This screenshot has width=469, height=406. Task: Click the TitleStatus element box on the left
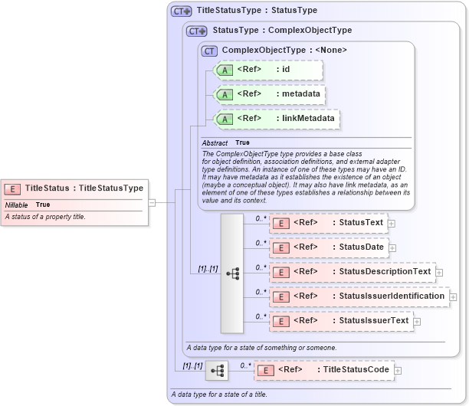tap(74, 188)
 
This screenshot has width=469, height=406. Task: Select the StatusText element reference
tap(328, 223)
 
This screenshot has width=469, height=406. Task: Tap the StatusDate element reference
tap(328, 247)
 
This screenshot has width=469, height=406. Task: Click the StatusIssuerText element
tap(340, 320)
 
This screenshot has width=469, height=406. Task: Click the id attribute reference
tap(268, 70)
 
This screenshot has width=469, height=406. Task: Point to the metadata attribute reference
tap(268, 94)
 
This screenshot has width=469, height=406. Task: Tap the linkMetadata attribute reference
tap(276, 119)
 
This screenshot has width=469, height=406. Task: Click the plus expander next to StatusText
tap(392, 223)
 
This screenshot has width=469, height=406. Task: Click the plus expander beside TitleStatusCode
tap(398, 370)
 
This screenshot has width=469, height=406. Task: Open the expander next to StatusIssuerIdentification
tap(453, 296)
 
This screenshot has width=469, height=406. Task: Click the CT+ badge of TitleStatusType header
tap(182, 11)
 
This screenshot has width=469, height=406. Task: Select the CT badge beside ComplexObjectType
tap(209, 51)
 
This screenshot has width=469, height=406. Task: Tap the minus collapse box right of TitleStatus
tap(152, 202)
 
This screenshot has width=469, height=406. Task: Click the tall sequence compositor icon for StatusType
tap(231, 273)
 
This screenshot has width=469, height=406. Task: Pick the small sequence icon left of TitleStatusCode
tap(217, 371)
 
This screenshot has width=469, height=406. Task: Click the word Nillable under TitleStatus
tap(17, 205)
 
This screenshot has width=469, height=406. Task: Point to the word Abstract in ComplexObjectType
tap(215, 143)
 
